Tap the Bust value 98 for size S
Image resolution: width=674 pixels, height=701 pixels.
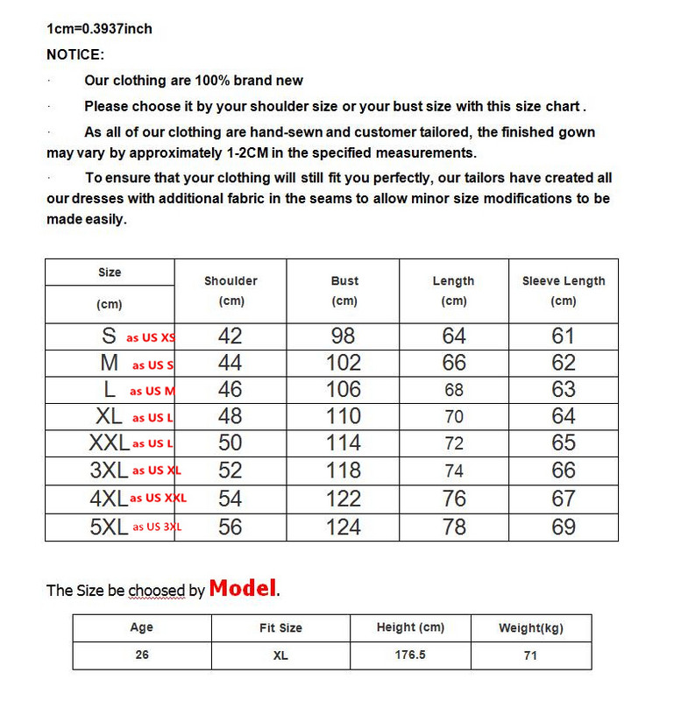pyautogui.click(x=344, y=336)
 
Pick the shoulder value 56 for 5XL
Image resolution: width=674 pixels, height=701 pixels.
pyautogui.click(x=230, y=527)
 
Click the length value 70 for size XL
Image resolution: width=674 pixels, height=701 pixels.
pyautogui.click(x=453, y=416)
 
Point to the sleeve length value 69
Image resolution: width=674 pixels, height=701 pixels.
pyautogui.click(x=564, y=527)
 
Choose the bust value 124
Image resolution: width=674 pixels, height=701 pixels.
pyautogui.click(x=344, y=527)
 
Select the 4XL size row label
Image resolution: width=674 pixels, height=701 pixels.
pyautogui.click(x=109, y=499)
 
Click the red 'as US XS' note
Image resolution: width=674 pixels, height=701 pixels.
pyautogui.click(x=151, y=337)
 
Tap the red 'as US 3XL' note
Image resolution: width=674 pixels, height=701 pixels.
pyautogui.click(x=157, y=527)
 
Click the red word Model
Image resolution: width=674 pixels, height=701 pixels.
pyautogui.click(x=243, y=588)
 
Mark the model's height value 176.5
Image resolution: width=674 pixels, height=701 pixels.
pyautogui.click(x=409, y=655)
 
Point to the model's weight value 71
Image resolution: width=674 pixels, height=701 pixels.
pyautogui.click(x=530, y=655)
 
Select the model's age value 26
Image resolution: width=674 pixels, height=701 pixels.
pyautogui.click(x=142, y=655)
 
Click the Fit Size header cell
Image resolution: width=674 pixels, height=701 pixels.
pyautogui.click(x=280, y=627)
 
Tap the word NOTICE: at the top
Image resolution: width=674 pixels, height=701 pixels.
pyautogui.click(x=75, y=54)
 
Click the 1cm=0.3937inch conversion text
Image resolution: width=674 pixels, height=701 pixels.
pyautogui.click(x=99, y=29)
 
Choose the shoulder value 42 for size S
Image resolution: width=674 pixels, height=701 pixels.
pyautogui.click(x=230, y=336)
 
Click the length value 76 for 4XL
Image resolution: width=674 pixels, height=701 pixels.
pyautogui.click(x=454, y=499)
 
